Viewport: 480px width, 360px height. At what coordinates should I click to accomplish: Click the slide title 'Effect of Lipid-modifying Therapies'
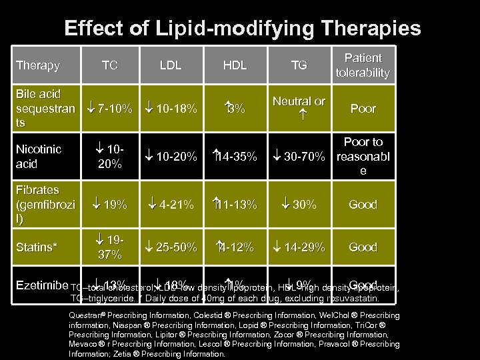pos(242,28)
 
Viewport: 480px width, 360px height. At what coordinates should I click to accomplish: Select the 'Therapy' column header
pos(38,65)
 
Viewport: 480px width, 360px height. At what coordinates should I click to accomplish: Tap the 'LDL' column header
pos(171,65)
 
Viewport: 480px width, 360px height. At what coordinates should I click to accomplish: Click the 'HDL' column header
pos(235,65)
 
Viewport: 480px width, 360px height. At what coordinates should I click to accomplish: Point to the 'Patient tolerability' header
pos(363,65)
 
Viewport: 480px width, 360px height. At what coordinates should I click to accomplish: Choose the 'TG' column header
pos(299,65)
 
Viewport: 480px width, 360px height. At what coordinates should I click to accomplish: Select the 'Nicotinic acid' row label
pos(38,157)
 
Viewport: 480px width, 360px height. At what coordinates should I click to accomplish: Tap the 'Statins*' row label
pos(37,247)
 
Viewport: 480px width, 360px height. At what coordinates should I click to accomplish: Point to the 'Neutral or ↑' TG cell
pos(299,108)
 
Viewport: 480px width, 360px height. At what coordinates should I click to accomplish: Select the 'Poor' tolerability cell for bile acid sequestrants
pos(363,109)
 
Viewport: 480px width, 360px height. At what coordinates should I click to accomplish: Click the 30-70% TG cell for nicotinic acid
pos(299,157)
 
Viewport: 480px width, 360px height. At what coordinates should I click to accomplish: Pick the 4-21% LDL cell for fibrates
pos(171,205)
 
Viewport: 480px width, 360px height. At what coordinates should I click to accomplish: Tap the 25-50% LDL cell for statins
pos(171,247)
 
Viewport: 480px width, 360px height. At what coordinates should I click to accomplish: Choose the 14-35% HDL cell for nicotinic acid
pos(235,157)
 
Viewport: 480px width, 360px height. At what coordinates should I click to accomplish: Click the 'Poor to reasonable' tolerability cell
pos(363,157)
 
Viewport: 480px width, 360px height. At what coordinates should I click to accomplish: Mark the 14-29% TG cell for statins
pos(299,247)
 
